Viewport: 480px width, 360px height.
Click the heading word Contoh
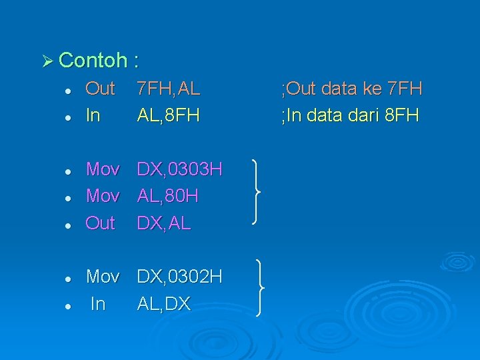[93, 61]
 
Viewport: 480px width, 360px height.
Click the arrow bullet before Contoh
[46, 61]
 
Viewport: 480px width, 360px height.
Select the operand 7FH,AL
[169, 89]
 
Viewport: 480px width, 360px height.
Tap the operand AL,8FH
[169, 115]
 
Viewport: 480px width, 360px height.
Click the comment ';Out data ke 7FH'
[352, 89]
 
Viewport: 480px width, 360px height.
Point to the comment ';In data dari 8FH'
[350, 115]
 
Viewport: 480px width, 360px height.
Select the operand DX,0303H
[179, 170]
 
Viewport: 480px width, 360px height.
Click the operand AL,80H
[168, 197]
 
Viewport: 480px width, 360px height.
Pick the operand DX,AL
[164, 223]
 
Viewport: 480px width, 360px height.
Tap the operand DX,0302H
[179, 277]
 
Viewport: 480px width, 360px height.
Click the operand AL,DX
[164, 304]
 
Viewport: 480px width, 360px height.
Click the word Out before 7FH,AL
[101, 89]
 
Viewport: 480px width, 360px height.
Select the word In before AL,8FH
[93, 115]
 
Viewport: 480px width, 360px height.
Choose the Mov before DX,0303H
[103, 170]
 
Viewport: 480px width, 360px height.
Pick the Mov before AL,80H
[103, 197]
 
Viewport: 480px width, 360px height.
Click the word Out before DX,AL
[101, 223]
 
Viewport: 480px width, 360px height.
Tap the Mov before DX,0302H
[103, 277]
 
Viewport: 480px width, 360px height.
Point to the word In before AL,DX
[97, 304]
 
